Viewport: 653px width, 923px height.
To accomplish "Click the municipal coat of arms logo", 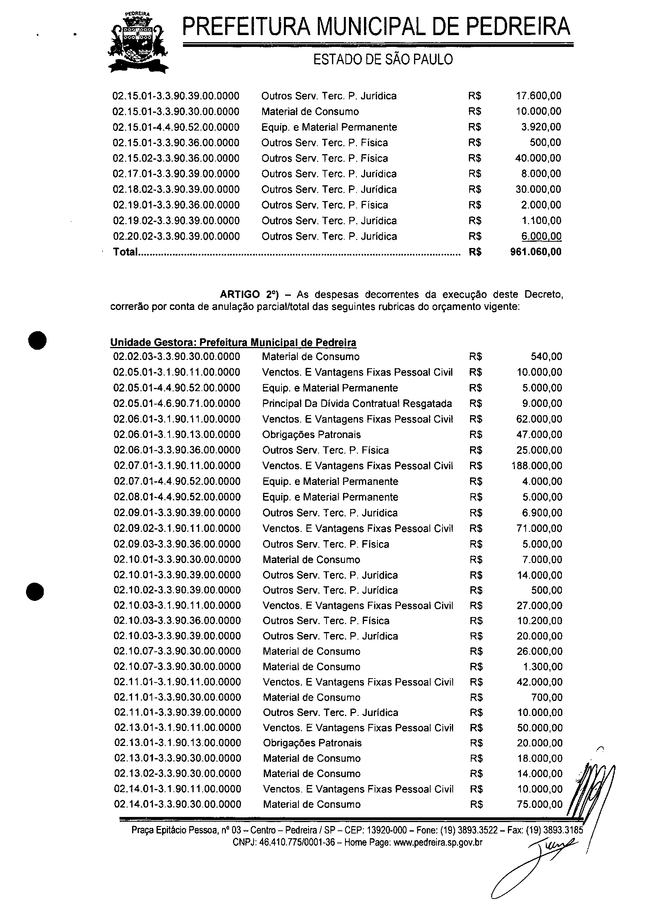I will tap(138, 43).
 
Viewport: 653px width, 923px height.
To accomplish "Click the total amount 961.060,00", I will tap(535, 252).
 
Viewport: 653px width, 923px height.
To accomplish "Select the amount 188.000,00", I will tap(537, 466).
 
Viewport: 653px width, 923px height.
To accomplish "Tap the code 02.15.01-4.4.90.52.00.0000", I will tap(176, 127).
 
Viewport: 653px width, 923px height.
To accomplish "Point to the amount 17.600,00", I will tap(538, 96).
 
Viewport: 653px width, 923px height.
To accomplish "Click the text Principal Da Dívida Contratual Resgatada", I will tap(357, 404).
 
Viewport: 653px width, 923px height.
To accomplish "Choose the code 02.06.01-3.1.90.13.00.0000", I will tap(177, 434).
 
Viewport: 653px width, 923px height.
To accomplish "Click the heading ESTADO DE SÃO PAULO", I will tap(383, 60).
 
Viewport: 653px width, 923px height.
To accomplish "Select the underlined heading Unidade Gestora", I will tap(233, 343).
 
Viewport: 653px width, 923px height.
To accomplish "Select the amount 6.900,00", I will tap(542, 513).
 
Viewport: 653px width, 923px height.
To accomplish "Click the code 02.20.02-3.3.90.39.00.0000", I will tap(177, 237).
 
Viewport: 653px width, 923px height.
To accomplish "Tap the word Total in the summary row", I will tap(125, 252).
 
